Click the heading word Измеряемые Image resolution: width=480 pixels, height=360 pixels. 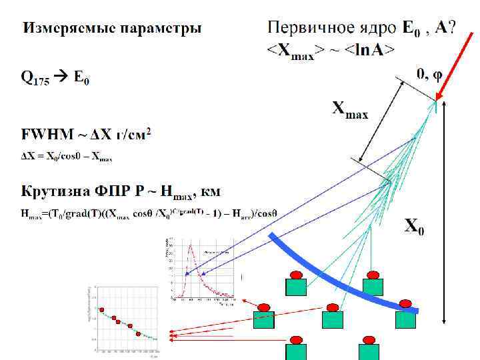(60, 29)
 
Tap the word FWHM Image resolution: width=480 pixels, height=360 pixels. (45, 135)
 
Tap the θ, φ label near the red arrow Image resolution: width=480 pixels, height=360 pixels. (429, 74)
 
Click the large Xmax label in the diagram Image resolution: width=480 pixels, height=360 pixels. (350, 109)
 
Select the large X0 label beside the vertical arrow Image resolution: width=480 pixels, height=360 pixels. (414, 227)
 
